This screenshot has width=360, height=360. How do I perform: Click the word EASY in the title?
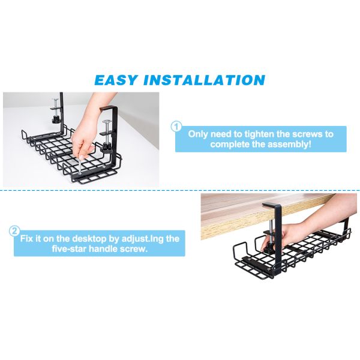(116, 80)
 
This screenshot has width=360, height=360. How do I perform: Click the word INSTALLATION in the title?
(205, 80)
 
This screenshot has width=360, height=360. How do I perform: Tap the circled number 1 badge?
(176, 127)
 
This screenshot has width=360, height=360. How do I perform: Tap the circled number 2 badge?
(14, 231)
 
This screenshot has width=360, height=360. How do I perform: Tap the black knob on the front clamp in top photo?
(107, 146)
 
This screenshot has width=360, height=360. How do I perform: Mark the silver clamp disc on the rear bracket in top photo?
(56, 99)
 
